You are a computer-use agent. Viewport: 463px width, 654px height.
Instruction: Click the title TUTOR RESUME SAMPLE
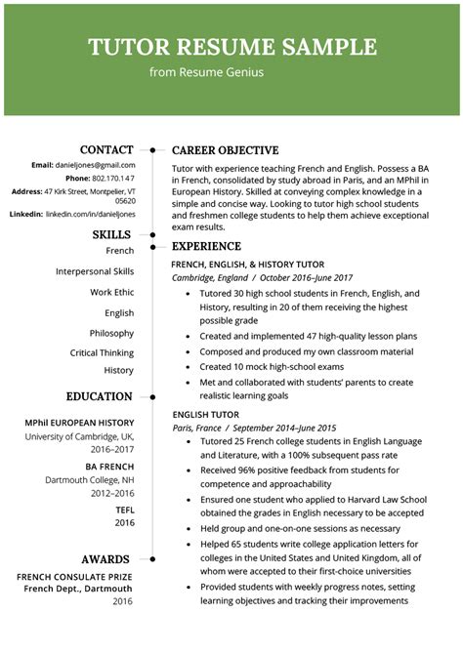[x=231, y=47]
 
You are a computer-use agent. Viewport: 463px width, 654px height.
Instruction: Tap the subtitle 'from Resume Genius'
[x=206, y=72]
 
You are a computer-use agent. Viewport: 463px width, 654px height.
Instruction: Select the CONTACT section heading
[x=106, y=149]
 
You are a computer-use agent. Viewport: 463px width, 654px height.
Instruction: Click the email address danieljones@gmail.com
[x=96, y=165]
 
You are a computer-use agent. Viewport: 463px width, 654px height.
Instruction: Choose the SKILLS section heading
[x=112, y=234]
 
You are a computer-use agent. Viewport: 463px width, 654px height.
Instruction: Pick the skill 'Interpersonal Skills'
[x=95, y=271]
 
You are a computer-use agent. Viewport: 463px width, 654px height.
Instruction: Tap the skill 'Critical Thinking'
[x=102, y=352]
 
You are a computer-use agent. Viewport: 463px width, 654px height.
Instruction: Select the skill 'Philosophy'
[x=111, y=333]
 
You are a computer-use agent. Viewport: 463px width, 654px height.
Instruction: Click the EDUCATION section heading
[x=99, y=396]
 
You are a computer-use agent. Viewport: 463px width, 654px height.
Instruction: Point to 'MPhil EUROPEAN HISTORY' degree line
[x=79, y=423]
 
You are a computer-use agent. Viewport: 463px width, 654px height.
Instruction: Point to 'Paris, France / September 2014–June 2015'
[x=254, y=428]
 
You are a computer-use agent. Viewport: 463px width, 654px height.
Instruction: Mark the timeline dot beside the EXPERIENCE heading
[x=152, y=247]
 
